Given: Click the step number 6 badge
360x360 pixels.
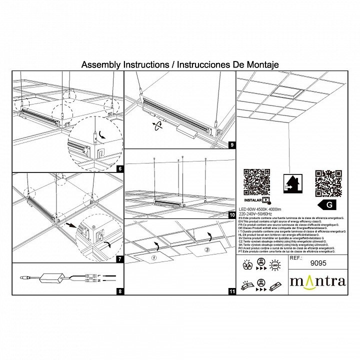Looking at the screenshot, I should [x=120, y=169].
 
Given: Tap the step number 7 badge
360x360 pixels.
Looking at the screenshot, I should [x=120, y=259].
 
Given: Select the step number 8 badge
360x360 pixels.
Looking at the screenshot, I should [x=120, y=290].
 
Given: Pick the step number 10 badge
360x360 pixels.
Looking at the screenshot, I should [x=231, y=215].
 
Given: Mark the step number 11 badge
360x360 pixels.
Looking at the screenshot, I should [x=231, y=290].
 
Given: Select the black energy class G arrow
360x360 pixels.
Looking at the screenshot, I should [x=327, y=205].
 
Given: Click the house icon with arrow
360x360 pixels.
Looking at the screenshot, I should [x=292, y=183].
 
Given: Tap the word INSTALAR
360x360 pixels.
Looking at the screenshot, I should [x=252, y=199].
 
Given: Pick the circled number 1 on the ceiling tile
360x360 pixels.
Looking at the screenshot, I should [x=154, y=258].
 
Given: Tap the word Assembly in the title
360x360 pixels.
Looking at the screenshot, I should [x=100, y=65].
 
